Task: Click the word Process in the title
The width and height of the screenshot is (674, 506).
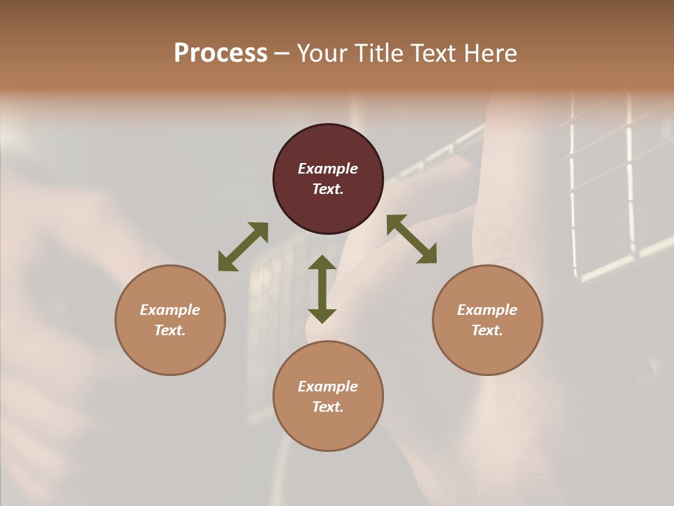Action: (220, 53)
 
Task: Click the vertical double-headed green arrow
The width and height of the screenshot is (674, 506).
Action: (322, 289)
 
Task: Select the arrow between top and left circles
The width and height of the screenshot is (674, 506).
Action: (243, 247)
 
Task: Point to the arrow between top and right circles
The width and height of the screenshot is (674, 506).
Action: (411, 239)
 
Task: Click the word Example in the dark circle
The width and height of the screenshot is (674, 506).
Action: (328, 169)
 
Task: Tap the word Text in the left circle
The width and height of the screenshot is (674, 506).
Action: (170, 330)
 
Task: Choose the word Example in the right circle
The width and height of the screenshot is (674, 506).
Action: (487, 310)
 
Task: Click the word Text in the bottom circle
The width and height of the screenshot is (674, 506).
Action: (328, 407)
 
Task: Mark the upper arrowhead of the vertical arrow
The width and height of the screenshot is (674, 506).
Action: (322, 263)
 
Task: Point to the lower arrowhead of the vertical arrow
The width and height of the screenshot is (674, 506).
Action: (322, 316)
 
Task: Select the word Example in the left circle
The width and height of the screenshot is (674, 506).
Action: (170, 310)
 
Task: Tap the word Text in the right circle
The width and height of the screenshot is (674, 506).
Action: (487, 330)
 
